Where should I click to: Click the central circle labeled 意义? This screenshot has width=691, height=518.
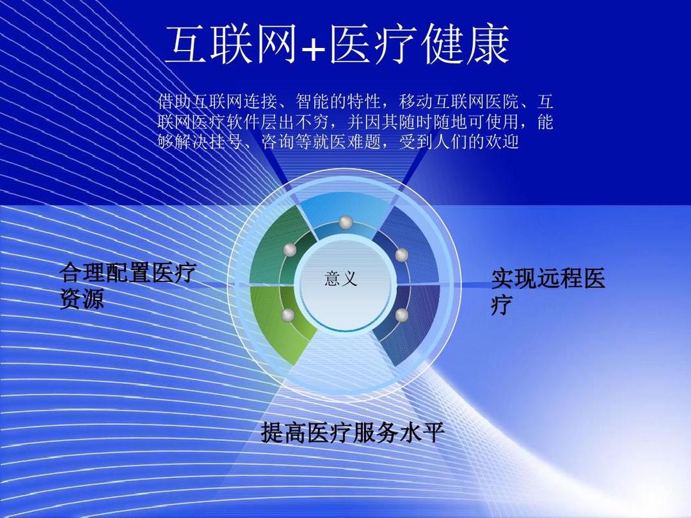341,280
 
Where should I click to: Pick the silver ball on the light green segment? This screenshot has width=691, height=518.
289,315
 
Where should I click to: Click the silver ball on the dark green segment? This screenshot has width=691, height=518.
289,249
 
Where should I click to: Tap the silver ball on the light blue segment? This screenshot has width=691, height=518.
345,223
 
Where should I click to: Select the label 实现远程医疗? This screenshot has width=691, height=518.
547,291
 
